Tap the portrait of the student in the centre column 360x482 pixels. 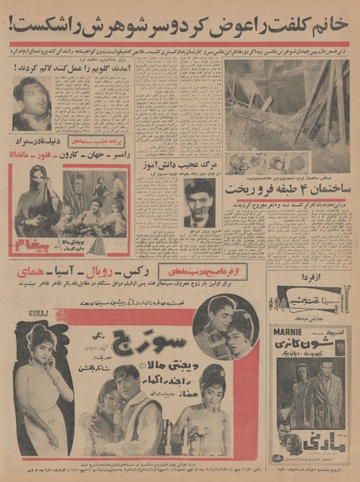198,203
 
